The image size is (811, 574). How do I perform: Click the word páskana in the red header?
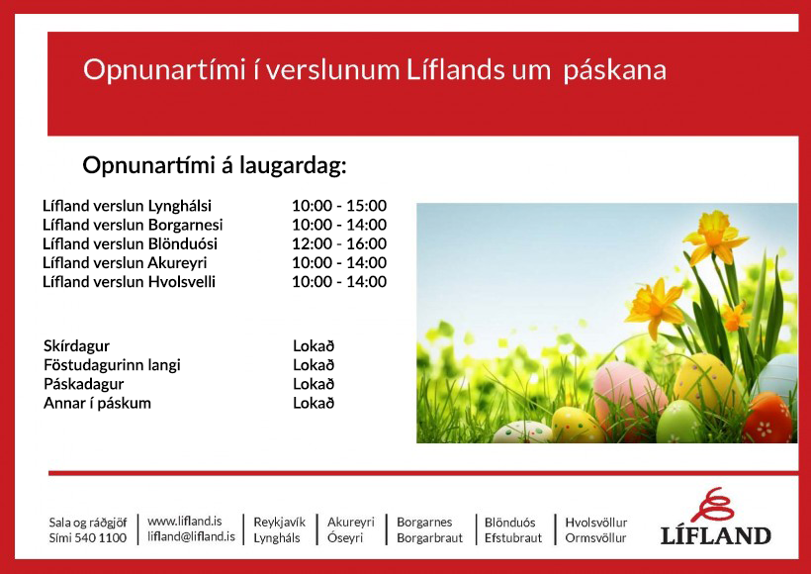tap(614, 70)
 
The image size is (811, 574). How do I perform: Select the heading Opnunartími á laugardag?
tap(215, 166)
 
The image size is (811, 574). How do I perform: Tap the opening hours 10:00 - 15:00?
tap(339, 206)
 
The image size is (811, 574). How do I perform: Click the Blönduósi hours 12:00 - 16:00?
tap(339, 243)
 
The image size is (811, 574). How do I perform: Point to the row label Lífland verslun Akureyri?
tap(125, 263)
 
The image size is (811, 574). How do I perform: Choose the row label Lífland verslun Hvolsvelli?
tap(129, 282)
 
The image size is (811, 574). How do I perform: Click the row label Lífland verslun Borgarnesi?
tap(133, 225)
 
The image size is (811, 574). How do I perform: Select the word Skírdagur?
tap(76, 346)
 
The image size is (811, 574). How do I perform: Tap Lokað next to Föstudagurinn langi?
tap(314, 365)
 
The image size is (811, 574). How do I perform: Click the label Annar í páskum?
tap(97, 403)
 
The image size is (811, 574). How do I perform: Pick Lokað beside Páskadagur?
tap(314, 384)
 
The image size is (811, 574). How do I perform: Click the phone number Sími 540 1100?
tap(87, 537)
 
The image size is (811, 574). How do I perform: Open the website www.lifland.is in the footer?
tap(185, 521)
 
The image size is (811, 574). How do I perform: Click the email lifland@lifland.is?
tap(191, 536)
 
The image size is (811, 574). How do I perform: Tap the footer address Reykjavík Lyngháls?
tap(279, 530)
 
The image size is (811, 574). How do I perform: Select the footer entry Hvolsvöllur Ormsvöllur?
tap(595, 530)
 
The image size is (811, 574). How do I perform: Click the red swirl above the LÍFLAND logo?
tap(713, 505)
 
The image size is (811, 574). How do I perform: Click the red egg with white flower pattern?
tap(767, 418)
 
